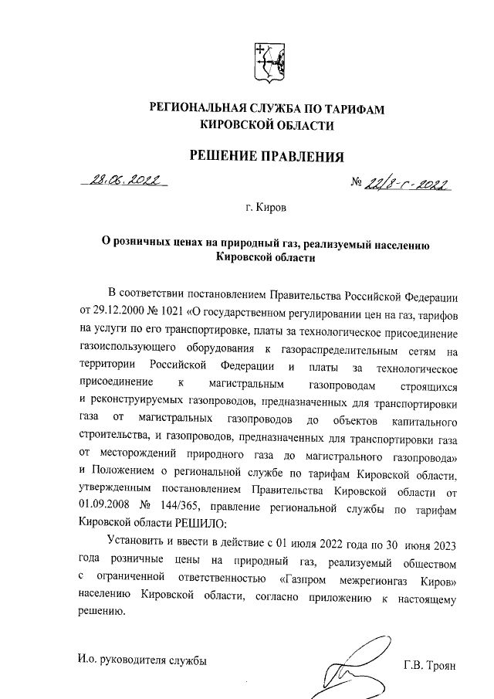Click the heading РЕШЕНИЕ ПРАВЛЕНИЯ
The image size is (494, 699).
pos(266,157)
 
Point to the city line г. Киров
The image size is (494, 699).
pos(267,208)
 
